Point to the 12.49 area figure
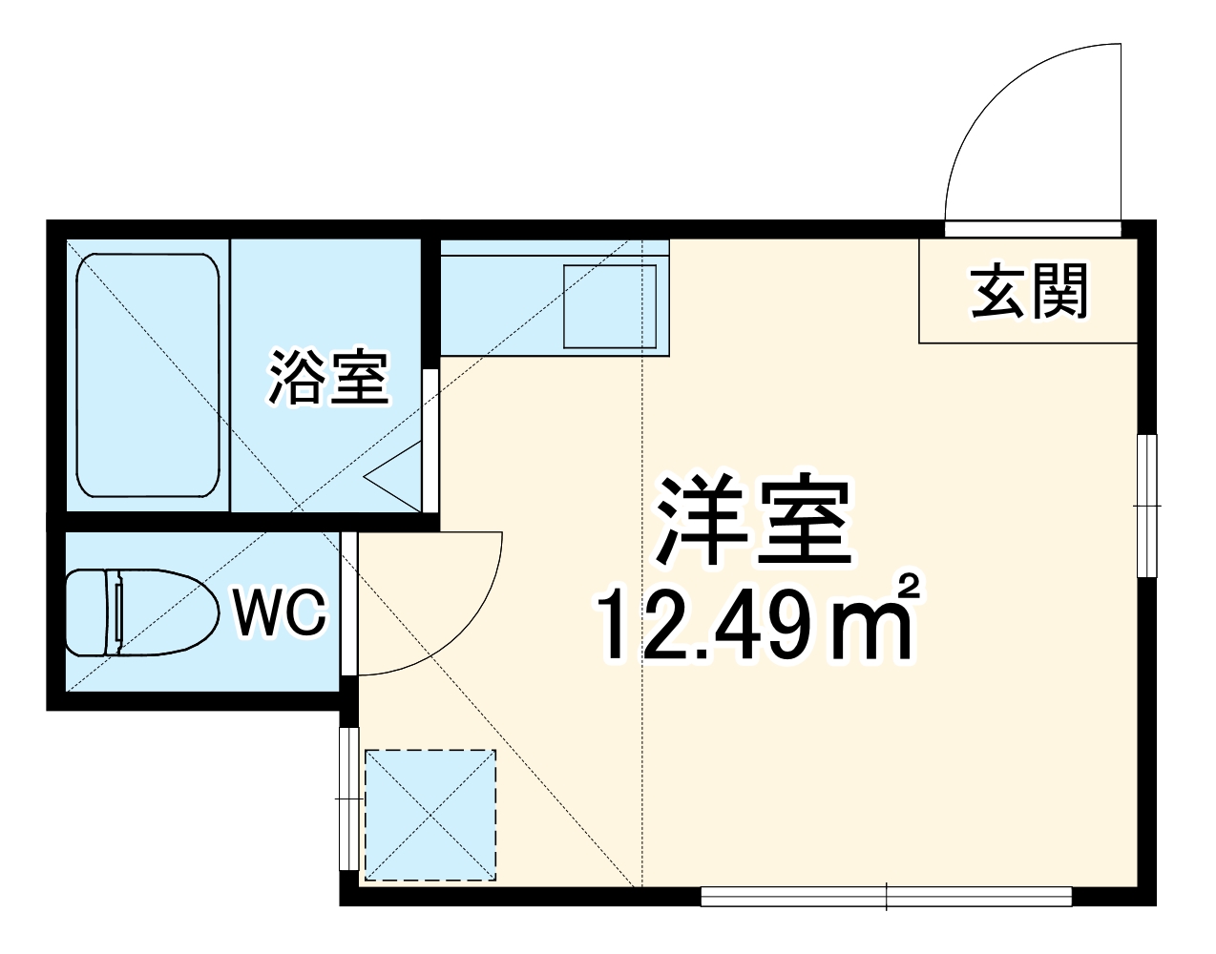(x=716, y=626)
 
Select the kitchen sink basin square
(x=610, y=305)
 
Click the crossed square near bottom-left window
(x=431, y=815)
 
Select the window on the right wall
(x=1147, y=505)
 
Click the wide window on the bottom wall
(x=887, y=897)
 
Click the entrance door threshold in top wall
(x=1033, y=229)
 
